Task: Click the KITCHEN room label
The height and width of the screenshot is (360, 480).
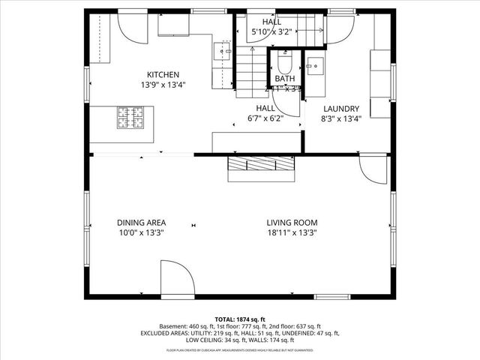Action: pos(162,74)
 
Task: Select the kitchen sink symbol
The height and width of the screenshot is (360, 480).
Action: pos(222,51)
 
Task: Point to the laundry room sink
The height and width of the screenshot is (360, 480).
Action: pos(315,64)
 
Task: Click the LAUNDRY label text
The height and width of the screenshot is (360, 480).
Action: pos(341,108)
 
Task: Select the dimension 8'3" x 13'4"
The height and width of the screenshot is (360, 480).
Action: pos(341,118)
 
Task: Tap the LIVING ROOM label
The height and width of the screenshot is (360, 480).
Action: pos(292,223)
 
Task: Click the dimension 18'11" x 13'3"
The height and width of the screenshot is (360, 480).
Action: pos(292,233)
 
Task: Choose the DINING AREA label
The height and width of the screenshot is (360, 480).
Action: pos(141,223)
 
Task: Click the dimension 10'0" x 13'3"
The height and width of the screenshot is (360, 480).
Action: pos(141,233)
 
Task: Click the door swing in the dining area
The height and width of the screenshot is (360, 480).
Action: pos(177,278)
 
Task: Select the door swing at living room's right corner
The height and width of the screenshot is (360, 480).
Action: pos(372,169)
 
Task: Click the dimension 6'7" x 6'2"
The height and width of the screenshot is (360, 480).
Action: pos(266,118)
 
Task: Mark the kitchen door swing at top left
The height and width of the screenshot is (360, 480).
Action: pos(132,28)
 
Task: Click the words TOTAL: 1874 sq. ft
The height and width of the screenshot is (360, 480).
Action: pos(240,319)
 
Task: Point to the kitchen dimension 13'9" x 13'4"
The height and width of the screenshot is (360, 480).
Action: pos(162,85)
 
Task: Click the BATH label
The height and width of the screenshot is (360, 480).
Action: pos(284,78)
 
